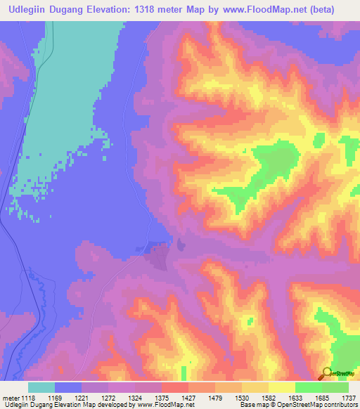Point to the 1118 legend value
click(x=28, y=398)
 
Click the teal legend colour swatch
click(x=41, y=387)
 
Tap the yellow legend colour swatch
click(x=281, y=387)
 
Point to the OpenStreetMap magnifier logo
click(x=328, y=373)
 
